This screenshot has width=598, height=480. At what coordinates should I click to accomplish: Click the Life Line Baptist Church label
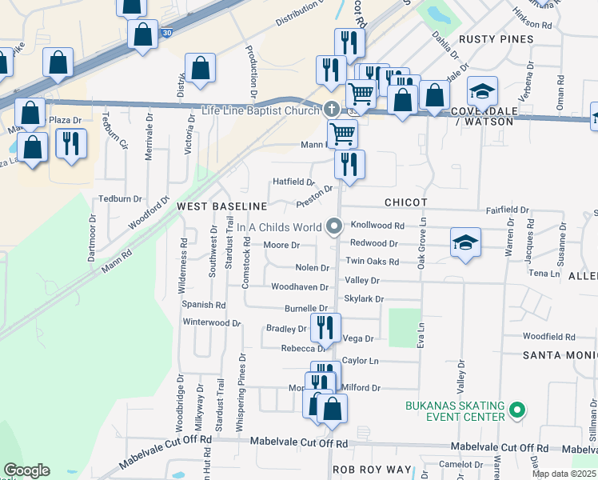[261, 110]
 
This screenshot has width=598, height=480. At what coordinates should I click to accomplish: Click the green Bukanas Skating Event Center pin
[516, 412]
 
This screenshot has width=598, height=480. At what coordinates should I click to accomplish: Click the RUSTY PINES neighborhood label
[492, 39]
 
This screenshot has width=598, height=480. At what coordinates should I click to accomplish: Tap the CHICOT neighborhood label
[405, 202]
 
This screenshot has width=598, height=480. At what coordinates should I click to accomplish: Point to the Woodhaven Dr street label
[300, 287]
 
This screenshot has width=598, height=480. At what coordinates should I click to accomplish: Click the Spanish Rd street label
[204, 305]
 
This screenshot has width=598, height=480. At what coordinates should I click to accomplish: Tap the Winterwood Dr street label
[212, 323]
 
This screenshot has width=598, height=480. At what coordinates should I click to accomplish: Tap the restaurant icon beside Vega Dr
[325, 326]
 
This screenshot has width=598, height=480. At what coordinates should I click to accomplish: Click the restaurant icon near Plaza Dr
[71, 143]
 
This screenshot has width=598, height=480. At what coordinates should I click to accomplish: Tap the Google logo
[26, 470]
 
